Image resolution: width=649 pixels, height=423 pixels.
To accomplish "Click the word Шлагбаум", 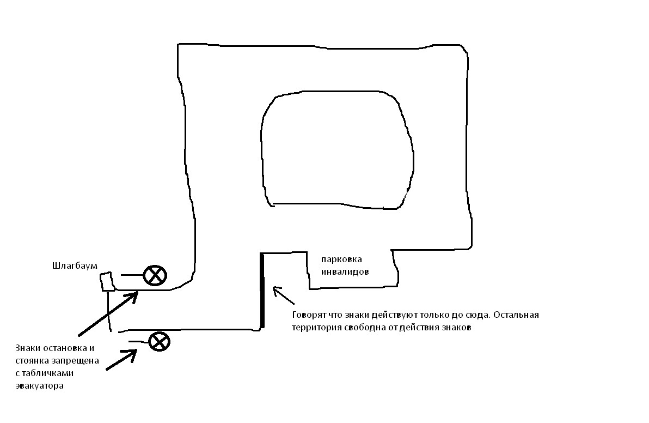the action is point(75,266).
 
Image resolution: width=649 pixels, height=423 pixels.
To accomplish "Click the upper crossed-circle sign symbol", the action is point(155,275).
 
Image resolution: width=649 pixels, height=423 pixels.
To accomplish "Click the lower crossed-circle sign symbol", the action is point(159,342).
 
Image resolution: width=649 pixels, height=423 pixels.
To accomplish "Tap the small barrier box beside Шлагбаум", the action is point(107,282).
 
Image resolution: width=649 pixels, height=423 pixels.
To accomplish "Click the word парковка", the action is point(341,259).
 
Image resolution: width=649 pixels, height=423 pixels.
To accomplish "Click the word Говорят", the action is point(309,316).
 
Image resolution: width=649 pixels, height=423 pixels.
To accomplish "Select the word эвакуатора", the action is point(40,386).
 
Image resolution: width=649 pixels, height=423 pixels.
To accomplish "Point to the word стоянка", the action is point(33,360).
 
